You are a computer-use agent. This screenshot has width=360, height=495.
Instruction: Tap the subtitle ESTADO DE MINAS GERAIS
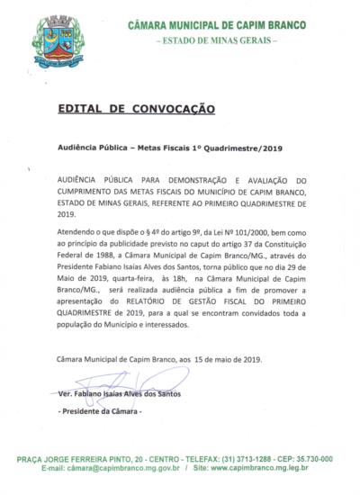[217, 42]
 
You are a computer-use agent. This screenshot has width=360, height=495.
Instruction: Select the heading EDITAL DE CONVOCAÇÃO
[136, 108]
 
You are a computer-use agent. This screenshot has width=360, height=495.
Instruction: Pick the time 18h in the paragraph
[174, 278]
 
